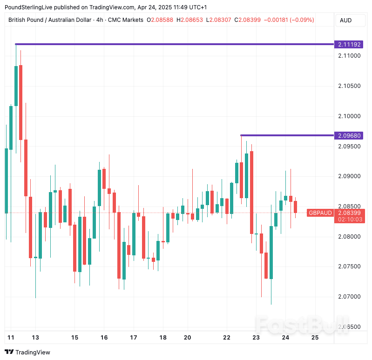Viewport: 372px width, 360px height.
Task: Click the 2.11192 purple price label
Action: [x=349, y=45]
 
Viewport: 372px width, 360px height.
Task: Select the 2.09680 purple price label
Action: [x=349, y=136]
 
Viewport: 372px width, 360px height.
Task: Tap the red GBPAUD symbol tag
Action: [x=320, y=213]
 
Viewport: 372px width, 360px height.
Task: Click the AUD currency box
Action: [x=346, y=20]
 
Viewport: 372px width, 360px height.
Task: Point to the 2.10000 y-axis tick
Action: [x=349, y=116]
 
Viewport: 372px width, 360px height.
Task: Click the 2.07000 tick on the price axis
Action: [x=349, y=297]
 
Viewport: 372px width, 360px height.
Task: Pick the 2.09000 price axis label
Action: [x=349, y=176]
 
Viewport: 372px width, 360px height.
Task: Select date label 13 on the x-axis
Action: [x=35, y=338]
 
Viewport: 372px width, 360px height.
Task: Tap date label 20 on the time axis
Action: [x=188, y=338]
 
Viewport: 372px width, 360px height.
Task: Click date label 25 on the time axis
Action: [x=315, y=338]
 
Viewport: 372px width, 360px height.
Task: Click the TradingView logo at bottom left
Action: [x=27, y=352]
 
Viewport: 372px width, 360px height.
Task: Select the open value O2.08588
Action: [x=160, y=20]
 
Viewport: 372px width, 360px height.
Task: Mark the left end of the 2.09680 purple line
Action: [x=241, y=135]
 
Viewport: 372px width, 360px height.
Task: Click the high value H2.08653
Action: [x=189, y=20]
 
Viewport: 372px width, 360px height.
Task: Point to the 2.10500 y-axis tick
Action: [x=349, y=86]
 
